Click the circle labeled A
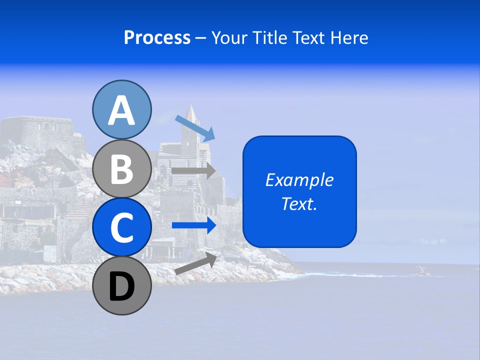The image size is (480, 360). click(121, 109)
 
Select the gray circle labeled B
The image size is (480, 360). click(121, 168)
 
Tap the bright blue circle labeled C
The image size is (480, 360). click(121, 227)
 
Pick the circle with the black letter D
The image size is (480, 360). click(121, 286)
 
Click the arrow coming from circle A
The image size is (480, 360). click(195, 127)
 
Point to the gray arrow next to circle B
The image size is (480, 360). click(194, 170)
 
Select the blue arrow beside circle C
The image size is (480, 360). click(194, 225)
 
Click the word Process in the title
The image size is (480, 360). click(157, 38)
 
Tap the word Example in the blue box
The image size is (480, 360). click(299, 180)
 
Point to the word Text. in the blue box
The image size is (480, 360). click(299, 203)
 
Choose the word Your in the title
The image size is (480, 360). click(228, 38)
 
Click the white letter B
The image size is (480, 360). click(121, 168)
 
